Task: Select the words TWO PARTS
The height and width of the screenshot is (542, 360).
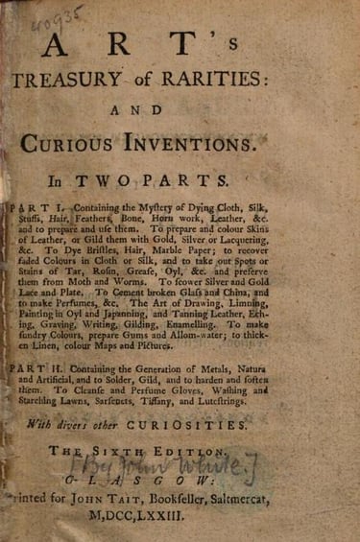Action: (x=200, y=177)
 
